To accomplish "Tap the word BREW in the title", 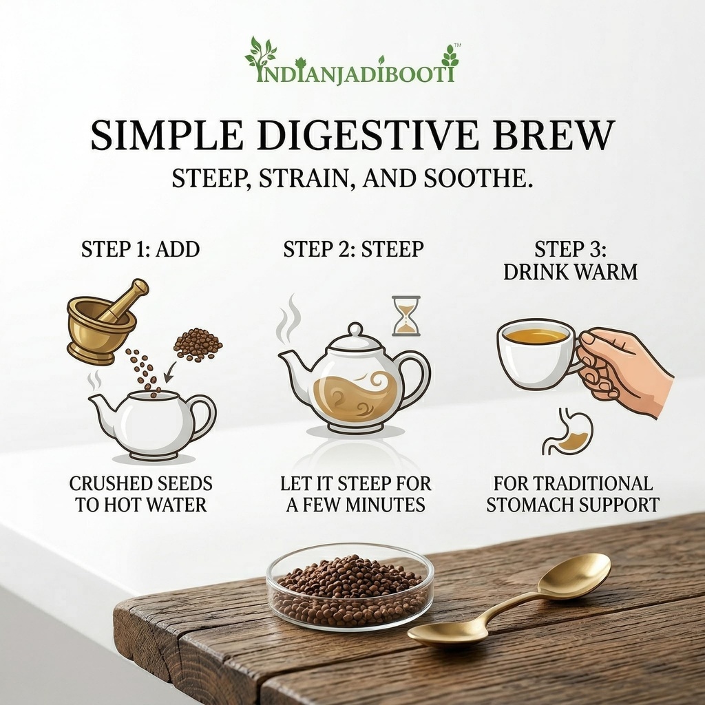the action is (x=554, y=135).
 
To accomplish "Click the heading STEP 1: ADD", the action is (x=140, y=249).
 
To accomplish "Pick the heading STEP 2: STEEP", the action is (x=353, y=249).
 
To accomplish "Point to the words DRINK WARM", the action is (x=570, y=272).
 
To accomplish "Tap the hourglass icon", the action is (x=406, y=315).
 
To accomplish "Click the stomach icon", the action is (x=567, y=432).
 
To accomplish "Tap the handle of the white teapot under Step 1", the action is (x=205, y=416).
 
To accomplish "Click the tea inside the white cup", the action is (x=535, y=335).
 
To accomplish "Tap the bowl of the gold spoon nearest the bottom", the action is (x=448, y=633).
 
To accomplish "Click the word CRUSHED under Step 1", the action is (x=105, y=484).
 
